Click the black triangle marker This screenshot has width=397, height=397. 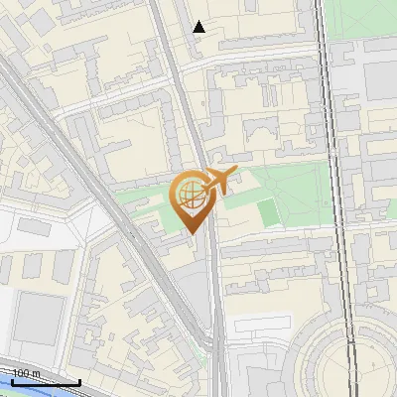[x=199, y=27]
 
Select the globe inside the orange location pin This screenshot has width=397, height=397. [x=189, y=196]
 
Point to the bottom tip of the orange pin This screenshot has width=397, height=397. [x=192, y=234]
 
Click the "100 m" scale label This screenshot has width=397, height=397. [x=26, y=373]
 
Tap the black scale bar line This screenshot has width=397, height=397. [x=46, y=382]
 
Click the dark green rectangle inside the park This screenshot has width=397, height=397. [x=270, y=212]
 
